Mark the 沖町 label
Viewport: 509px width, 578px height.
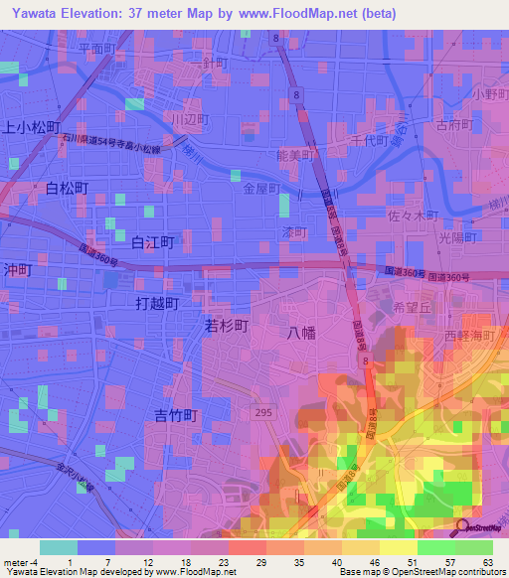(x=19, y=269)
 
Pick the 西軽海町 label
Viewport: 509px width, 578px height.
(x=470, y=337)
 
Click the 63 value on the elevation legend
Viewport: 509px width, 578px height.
(x=489, y=561)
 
